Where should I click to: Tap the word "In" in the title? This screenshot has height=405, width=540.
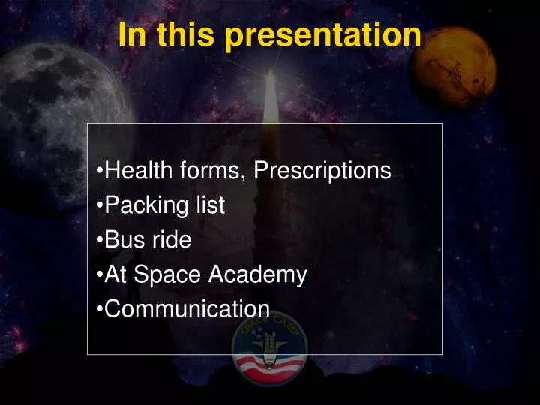(130, 35)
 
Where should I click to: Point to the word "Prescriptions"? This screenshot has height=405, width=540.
(322, 171)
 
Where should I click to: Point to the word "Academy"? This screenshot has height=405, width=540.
(257, 275)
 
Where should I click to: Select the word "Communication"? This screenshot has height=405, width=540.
(187, 309)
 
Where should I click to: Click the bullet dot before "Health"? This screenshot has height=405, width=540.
(100, 172)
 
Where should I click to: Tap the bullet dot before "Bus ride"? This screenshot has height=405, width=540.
(100, 241)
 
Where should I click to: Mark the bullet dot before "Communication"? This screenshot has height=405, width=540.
(100, 310)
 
